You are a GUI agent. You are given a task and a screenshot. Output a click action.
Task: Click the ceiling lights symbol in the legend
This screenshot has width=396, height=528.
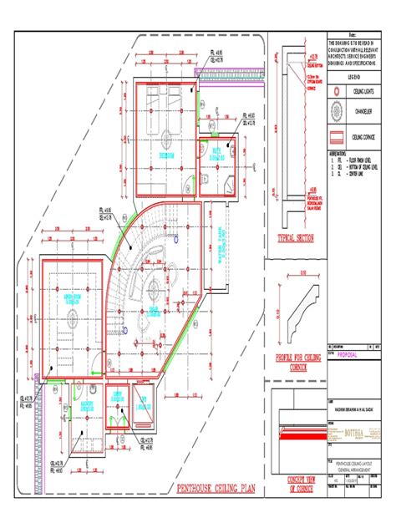coord(337,89)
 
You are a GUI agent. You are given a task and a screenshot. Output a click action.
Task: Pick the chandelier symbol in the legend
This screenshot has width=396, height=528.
coord(337,109)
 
